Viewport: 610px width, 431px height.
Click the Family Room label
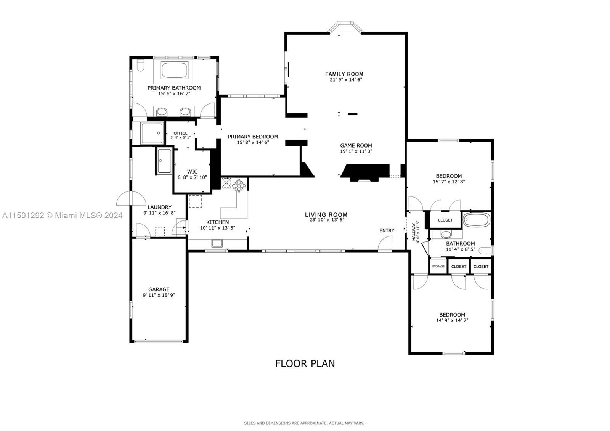(x=344, y=74)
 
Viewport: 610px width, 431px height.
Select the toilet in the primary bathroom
(x=140, y=65)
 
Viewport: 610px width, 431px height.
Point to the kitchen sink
(x=217, y=243)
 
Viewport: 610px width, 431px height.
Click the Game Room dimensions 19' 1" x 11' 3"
(x=356, y=151)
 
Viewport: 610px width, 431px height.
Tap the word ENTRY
(x=387, y=230)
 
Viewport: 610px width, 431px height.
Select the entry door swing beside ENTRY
(x=386, y=243)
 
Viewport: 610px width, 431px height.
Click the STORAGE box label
(x=438, y=266)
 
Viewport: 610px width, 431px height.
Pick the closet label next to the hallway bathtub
(x=445, y=220)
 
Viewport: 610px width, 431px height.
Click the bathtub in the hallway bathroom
(x=476, y=220)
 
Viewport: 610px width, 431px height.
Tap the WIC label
(x=192, y=172)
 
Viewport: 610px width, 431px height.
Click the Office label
(x=180, y=133)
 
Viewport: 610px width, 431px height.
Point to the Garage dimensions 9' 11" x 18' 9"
(x=159, y=295)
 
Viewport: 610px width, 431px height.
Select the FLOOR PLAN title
(x=305, y=363)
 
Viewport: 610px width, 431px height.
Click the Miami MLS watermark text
(x=62, y=215)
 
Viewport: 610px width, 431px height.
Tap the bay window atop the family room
(x=345, y=27)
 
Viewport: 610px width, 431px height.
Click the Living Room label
(x=326, y=215)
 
